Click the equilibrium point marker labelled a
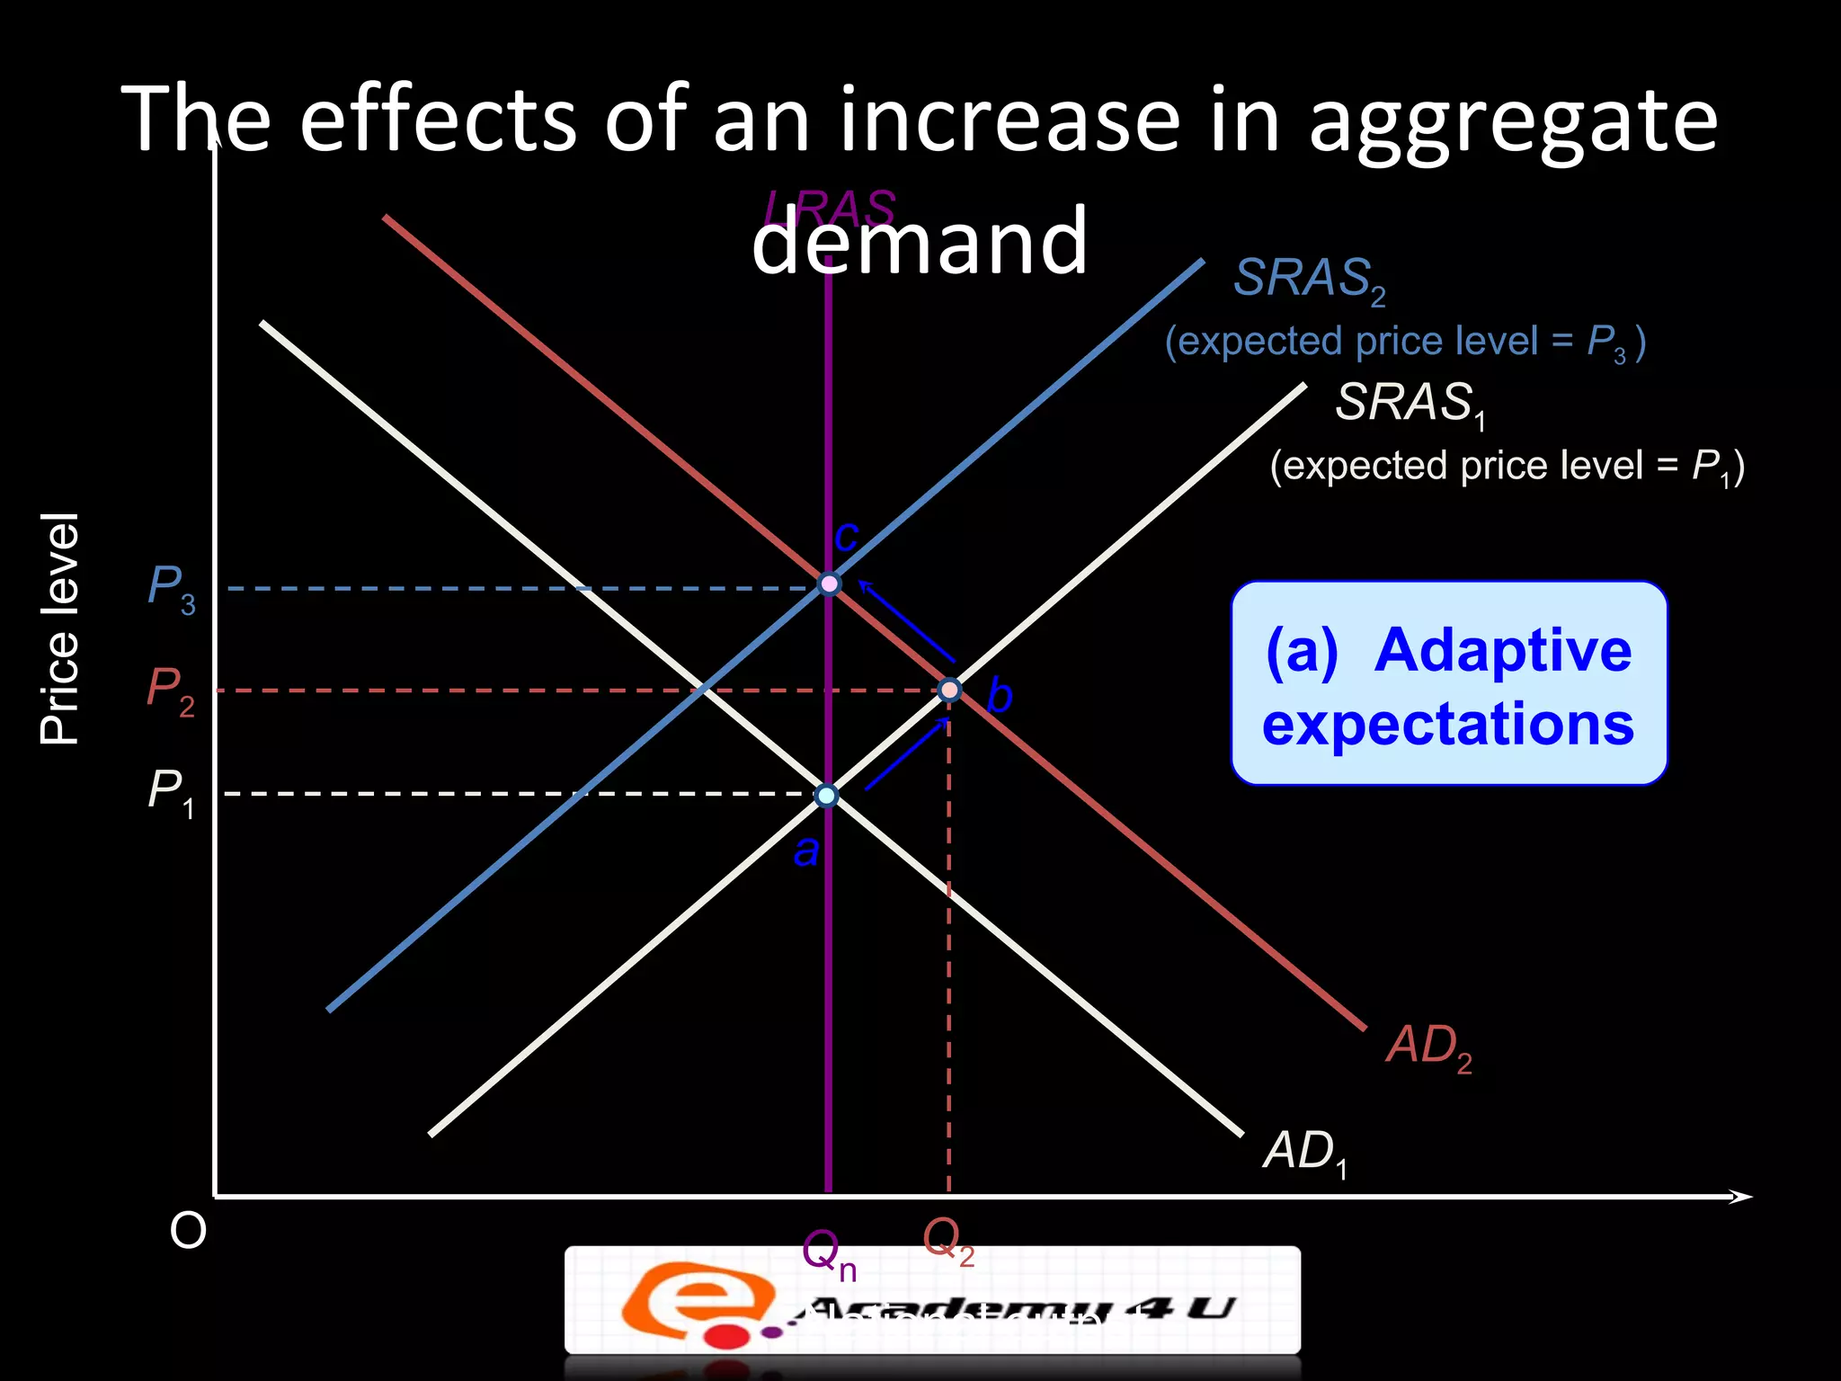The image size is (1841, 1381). [826, 796]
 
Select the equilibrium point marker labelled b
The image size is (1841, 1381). [949, 690]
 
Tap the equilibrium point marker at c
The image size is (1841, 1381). [829, 584]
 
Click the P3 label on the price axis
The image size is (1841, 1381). [171, 589]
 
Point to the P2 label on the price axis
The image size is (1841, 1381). [171, 690]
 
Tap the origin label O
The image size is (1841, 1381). [188, 1231]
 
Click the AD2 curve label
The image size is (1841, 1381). [1428, 1047]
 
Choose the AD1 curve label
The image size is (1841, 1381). [1304, 1153]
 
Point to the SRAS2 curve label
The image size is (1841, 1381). [1309, 280]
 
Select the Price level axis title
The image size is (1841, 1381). [60, 629]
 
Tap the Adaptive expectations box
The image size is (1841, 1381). [1448, 683]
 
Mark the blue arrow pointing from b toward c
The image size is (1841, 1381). [906, 621]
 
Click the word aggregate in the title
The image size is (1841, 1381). [1512, 121]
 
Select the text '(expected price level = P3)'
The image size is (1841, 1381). [1405, 343]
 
